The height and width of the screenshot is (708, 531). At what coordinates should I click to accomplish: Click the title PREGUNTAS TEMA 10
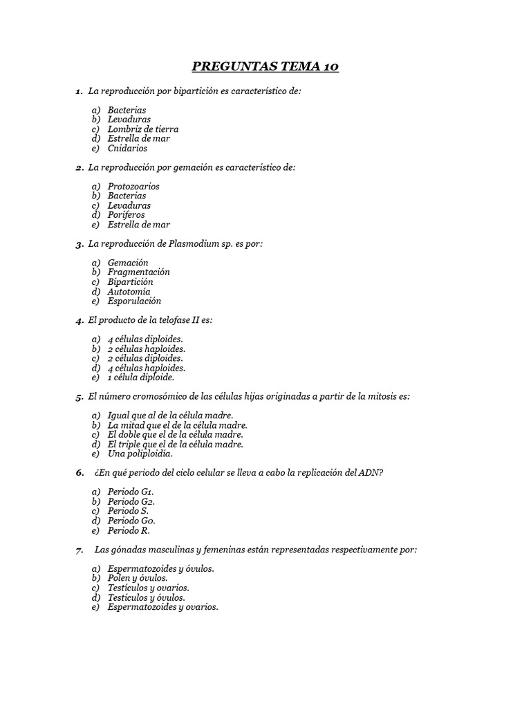tap(265, 67)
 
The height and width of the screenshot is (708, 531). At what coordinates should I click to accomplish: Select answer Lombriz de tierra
tap(143, 129)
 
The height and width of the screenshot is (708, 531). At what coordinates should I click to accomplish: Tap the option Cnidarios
tap(127, 148)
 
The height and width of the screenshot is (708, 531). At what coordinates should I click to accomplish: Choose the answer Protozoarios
tap(133, 187)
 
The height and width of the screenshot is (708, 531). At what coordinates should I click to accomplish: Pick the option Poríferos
tap(127, 215)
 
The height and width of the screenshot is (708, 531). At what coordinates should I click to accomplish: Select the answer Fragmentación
tap(139, 272)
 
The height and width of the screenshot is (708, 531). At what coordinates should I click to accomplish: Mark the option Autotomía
tap(129, 292)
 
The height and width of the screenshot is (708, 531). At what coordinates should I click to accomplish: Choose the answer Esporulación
tap(134, 301)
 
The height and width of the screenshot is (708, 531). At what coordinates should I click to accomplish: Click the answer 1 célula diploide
tap(141, 378)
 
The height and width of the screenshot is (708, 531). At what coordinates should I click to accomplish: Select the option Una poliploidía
tap(140, 454)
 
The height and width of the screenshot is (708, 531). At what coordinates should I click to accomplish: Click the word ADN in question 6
tap(370, 473)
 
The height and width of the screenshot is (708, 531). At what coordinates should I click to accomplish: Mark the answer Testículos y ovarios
tap(149, 588)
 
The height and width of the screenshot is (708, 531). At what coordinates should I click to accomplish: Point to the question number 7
tap(80, 550)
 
